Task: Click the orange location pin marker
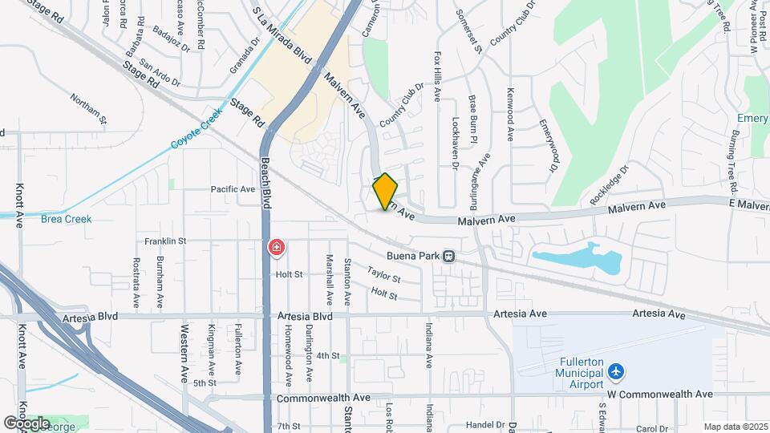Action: (x=385, y=192)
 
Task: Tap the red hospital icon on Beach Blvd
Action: (x=276, y=248)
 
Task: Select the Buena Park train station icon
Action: (x=450, y=257)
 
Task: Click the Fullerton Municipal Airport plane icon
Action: (x=615, y=372)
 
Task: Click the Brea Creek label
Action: (x=67, y=219)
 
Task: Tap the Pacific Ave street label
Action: (x=233, y=189)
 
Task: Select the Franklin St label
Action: (x=165, y=241)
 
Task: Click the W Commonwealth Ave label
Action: (x=659, y=395)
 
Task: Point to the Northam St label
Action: (x=88, y=108)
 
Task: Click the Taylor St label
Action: (x=384, y=275)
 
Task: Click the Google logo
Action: (x=26, y=423)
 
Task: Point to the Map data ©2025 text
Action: (x=734, y=427)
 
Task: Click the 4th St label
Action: (x=328, y=355)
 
